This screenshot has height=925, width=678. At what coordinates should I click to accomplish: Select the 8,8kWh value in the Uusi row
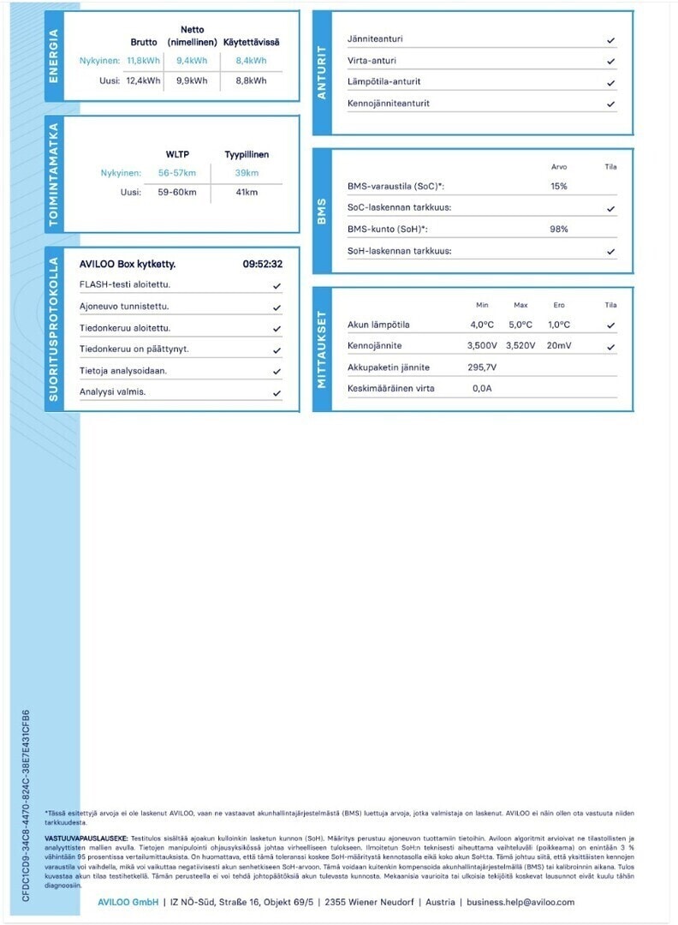click(251, 81)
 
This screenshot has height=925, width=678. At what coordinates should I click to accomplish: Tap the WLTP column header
click(177, 154)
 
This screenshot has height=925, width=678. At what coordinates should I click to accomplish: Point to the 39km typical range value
click(247, 173)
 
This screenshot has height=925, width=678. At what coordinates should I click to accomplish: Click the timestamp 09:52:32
click(262, 264)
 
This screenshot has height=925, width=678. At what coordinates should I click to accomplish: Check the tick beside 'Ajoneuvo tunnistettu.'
click(277, 307)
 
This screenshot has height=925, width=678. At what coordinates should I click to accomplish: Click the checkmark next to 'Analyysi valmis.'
click(277, 393)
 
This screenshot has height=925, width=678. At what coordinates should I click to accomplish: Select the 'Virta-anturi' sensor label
click(372, 61)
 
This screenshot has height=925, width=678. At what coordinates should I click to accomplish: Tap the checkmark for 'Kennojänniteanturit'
click(610, 104)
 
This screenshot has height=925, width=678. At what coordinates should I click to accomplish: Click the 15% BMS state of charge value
click(559, 186)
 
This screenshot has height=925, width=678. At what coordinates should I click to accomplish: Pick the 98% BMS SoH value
click(559, 230)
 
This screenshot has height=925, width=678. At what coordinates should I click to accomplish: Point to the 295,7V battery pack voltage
click(482, 367)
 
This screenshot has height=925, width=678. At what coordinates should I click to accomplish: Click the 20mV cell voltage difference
click(558, 346)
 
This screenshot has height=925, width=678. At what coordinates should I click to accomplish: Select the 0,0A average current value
click(482, 388)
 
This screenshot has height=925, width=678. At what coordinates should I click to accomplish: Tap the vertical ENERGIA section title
click(55, 57)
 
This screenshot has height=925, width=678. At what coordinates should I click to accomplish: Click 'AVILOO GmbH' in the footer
click(127, 902)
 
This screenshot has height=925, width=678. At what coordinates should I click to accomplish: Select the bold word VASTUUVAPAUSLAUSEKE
click(86, 838)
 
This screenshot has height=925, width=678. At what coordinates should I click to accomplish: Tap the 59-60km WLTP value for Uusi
click(177, 192)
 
